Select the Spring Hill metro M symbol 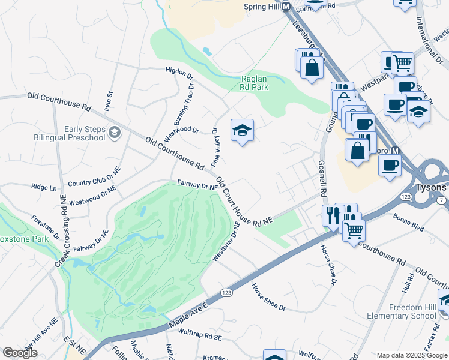(x=286, y=7)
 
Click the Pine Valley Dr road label (x=214, y=147)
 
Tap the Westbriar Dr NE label (x=226, y=242)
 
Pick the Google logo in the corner (x=20, y=352)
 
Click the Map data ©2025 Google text (x=412, y=355)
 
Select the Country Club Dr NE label (x=94, y=176)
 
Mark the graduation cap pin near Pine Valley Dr (x=242, y=130)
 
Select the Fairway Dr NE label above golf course (x=197, y=186)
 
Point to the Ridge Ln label (x=44, y=187)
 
